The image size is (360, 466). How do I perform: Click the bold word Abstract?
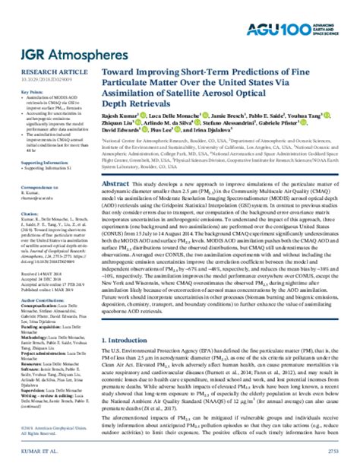click(118, 184)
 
